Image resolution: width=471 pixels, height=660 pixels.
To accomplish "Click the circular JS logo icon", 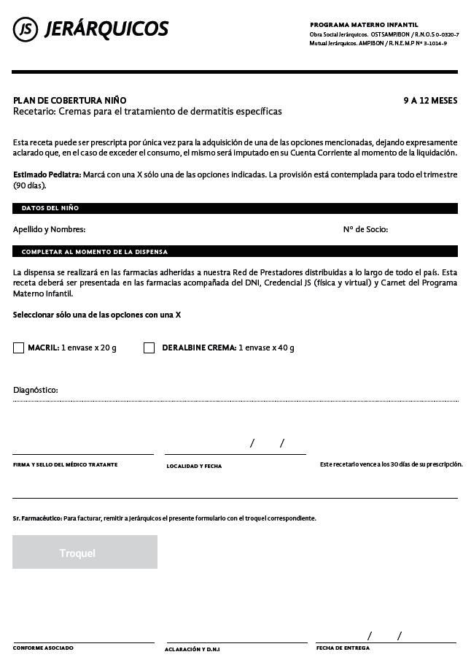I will pos(26,29).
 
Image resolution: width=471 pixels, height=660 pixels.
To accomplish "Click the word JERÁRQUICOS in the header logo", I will pos(106,29).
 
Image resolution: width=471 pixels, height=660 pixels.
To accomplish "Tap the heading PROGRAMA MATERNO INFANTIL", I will pos(364,25).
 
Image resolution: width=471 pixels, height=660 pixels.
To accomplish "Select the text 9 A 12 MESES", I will pos(430,101).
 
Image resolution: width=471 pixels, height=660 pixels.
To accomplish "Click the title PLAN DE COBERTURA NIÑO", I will pos(70,101).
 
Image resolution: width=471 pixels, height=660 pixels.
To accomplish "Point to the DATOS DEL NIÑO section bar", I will pos(235,208).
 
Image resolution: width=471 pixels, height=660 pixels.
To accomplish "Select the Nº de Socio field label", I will pos(365,229).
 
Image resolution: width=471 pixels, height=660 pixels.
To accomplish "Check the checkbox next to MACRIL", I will pos(19,348).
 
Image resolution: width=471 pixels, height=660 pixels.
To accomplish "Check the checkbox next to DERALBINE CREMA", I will pos(149,348).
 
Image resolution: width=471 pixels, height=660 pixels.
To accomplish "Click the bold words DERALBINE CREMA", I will pos(198,348).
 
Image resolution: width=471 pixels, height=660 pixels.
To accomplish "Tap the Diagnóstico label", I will pos(36,391).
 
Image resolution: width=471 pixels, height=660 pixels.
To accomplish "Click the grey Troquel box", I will pos(85,553).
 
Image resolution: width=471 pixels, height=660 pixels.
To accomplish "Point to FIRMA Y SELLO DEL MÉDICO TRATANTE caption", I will pos(65,465).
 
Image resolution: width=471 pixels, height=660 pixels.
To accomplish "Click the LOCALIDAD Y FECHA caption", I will pos(194,466).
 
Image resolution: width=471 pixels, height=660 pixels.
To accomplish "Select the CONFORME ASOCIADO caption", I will pos(43,648).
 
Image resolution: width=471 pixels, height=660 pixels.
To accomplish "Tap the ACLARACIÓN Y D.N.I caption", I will pos(192,649).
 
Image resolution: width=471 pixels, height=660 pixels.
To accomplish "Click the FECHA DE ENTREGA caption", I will pos(343,648).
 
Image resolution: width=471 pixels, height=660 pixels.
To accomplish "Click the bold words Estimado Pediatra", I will pos(47,175).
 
